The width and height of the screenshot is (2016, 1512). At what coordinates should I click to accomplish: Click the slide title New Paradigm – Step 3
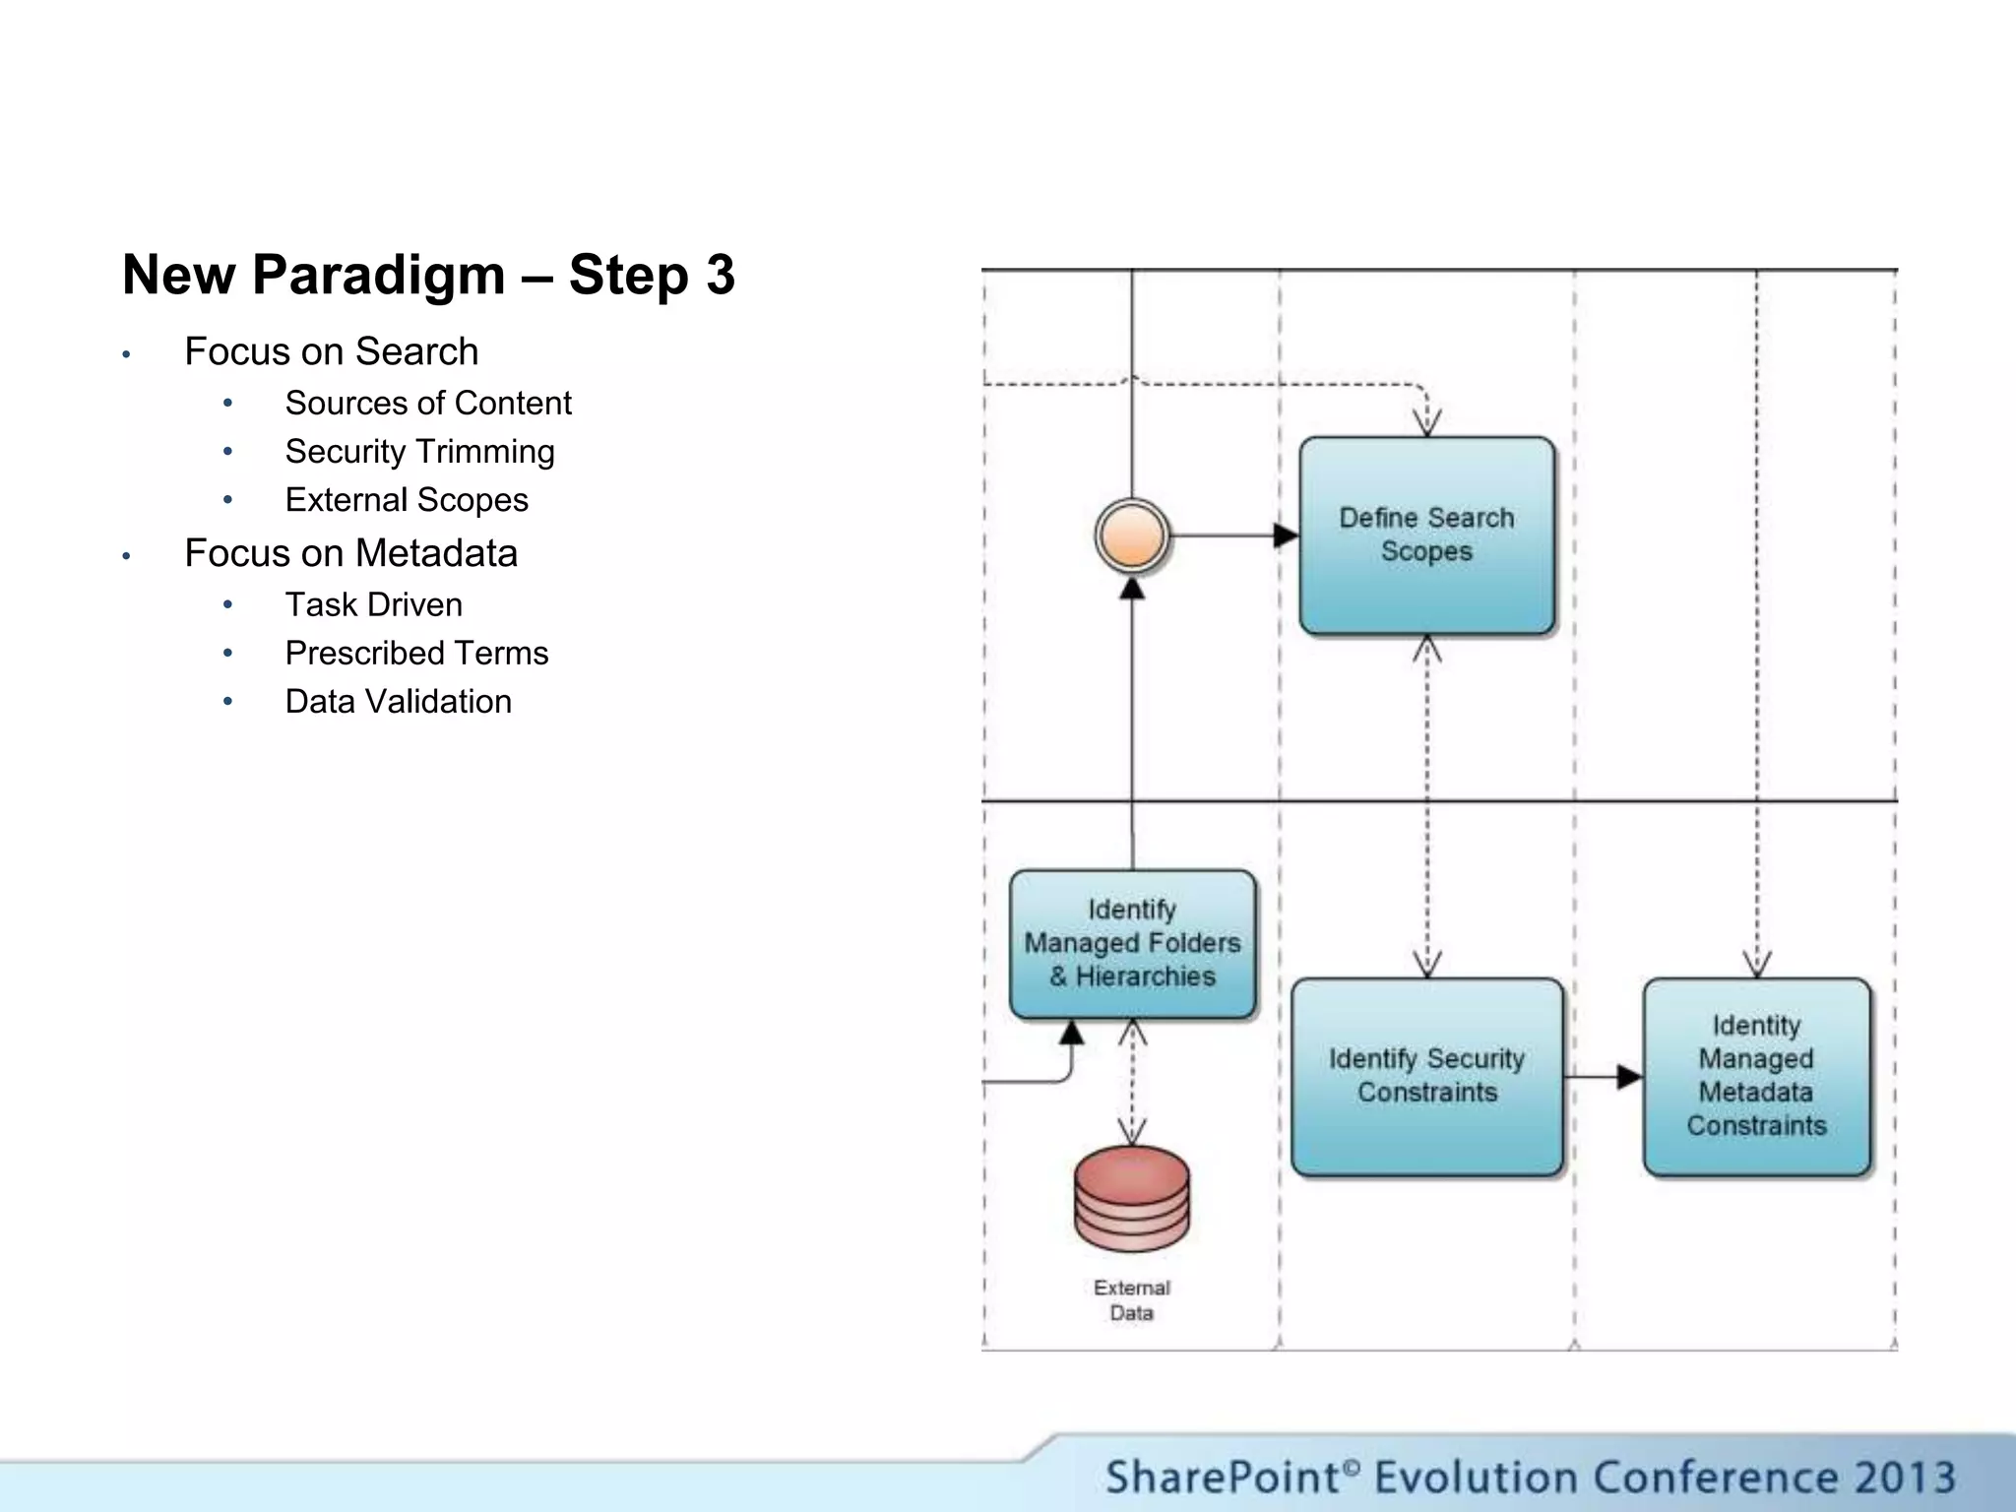[428, 275]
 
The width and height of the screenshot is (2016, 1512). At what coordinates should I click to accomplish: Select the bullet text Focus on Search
[331, 351]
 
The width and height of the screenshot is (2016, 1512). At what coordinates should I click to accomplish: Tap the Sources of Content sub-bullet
[427, 403]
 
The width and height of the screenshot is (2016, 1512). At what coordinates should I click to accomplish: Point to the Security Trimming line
[419, 451]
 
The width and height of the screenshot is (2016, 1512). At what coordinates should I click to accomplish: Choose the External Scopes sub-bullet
[406, 500]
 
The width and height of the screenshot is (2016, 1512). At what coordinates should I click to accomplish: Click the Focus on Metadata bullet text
[350, 553]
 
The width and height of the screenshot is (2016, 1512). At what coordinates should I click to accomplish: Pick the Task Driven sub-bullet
[373, 604]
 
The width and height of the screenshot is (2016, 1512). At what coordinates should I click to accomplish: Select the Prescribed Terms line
[415, 653]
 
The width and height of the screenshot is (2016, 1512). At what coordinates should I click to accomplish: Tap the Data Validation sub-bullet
[398, 702]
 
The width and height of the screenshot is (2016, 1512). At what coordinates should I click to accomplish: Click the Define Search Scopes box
[1426, 535]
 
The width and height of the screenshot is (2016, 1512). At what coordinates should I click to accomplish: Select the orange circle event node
[1132, 535]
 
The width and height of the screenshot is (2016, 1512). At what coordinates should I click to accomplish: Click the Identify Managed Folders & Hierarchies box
[1132, 943]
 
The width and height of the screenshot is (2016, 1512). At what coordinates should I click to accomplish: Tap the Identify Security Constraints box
[1426, 1076]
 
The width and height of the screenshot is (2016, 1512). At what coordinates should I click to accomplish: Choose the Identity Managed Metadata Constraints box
[1756, 1076]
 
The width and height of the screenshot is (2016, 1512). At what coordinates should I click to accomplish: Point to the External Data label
[1132, 1300]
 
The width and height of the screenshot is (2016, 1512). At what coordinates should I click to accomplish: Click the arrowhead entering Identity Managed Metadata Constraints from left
[1629, 1077]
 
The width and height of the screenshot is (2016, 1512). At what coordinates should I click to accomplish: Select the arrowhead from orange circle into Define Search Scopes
[1286, 535]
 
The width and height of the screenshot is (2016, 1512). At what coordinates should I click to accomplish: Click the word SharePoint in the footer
[1222, 1478]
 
